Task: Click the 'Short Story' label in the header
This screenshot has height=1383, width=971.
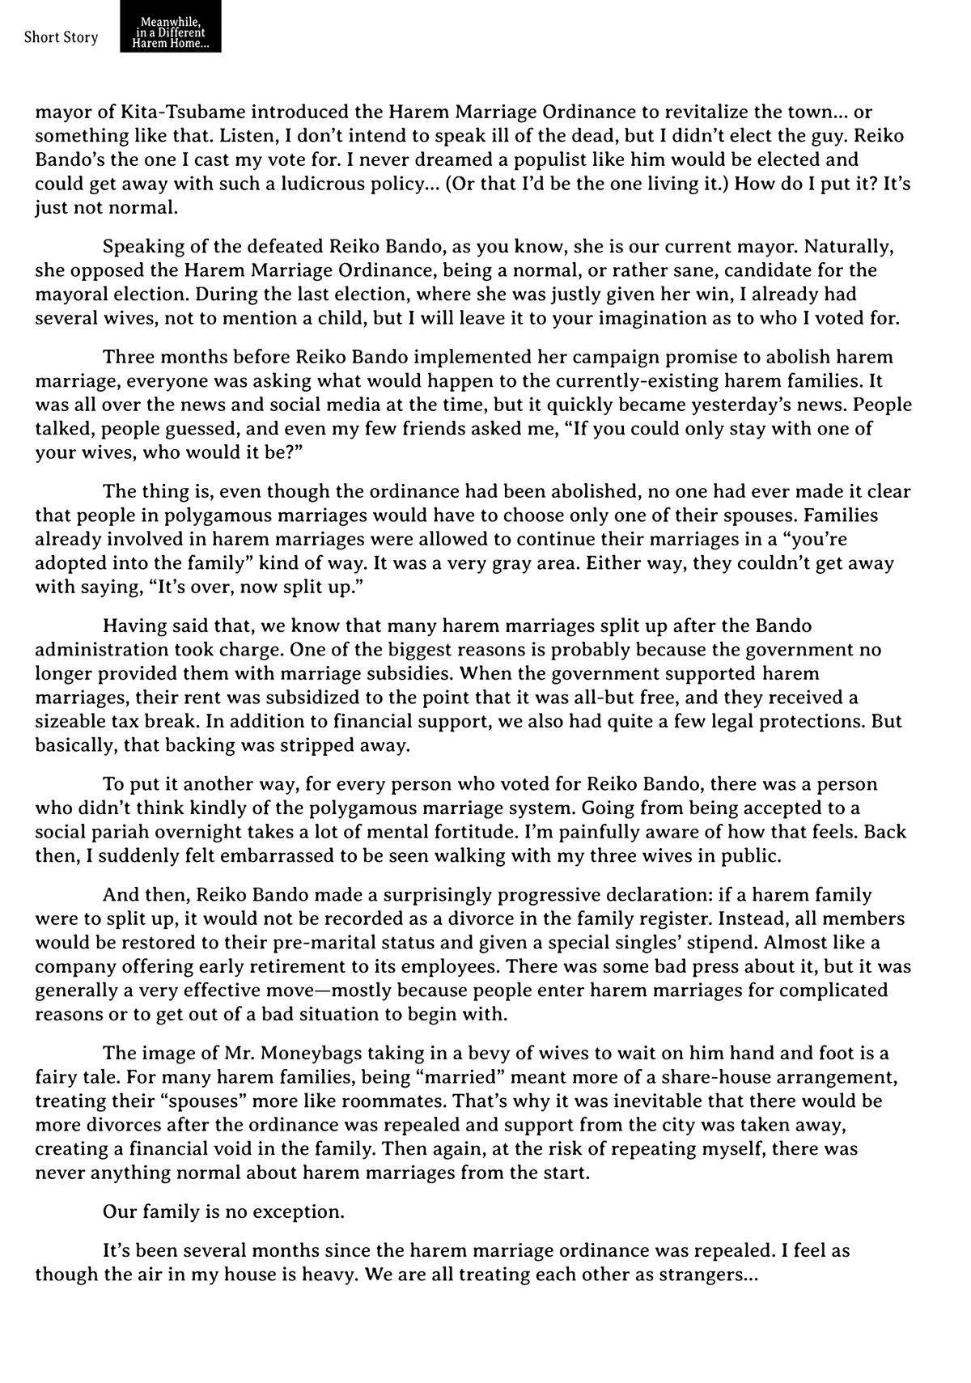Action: coord(61,37)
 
